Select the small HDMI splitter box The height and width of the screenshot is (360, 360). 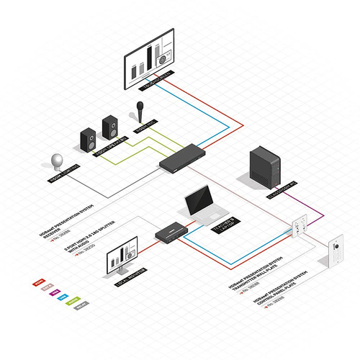[170, 233]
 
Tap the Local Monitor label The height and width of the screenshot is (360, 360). [132, 276]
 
